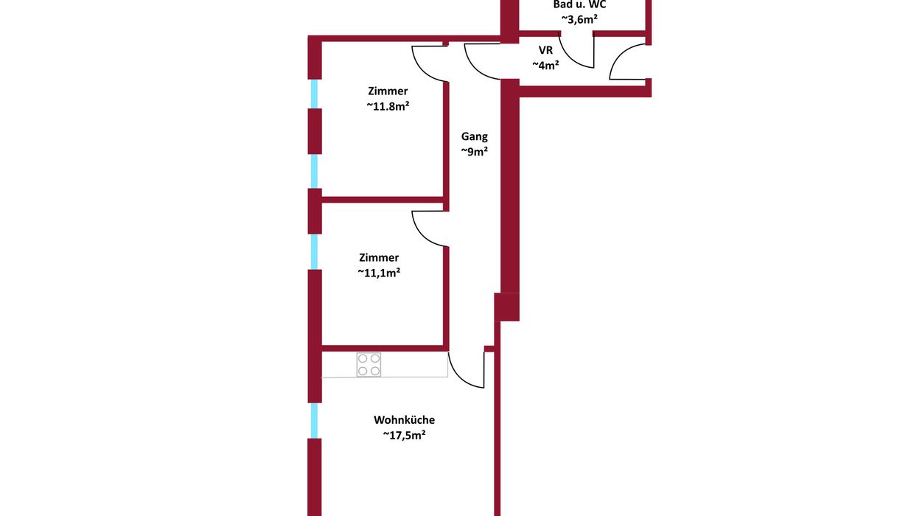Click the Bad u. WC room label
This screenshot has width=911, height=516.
pos(579,4)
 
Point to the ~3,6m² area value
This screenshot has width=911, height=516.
pos(579,18)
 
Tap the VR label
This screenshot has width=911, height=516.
pos(545,50)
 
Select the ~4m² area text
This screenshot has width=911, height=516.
pos(545,65)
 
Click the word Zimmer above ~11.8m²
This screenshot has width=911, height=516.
pos(388,91)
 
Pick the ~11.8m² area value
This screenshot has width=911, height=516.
pos(388,106)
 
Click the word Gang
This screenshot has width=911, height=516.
pos(474,136)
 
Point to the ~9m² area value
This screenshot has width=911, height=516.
pos(474,151)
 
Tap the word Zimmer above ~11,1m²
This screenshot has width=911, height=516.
pos(379,257)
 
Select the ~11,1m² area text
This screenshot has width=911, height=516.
pos(379,273)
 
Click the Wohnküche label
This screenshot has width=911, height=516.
pos(404,419)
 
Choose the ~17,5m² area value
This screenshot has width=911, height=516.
pos(404,435)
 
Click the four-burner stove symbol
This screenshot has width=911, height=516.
pos(369,364)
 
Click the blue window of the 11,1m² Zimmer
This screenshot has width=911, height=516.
pos(314,251)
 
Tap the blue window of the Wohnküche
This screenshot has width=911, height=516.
pos(314,420)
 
